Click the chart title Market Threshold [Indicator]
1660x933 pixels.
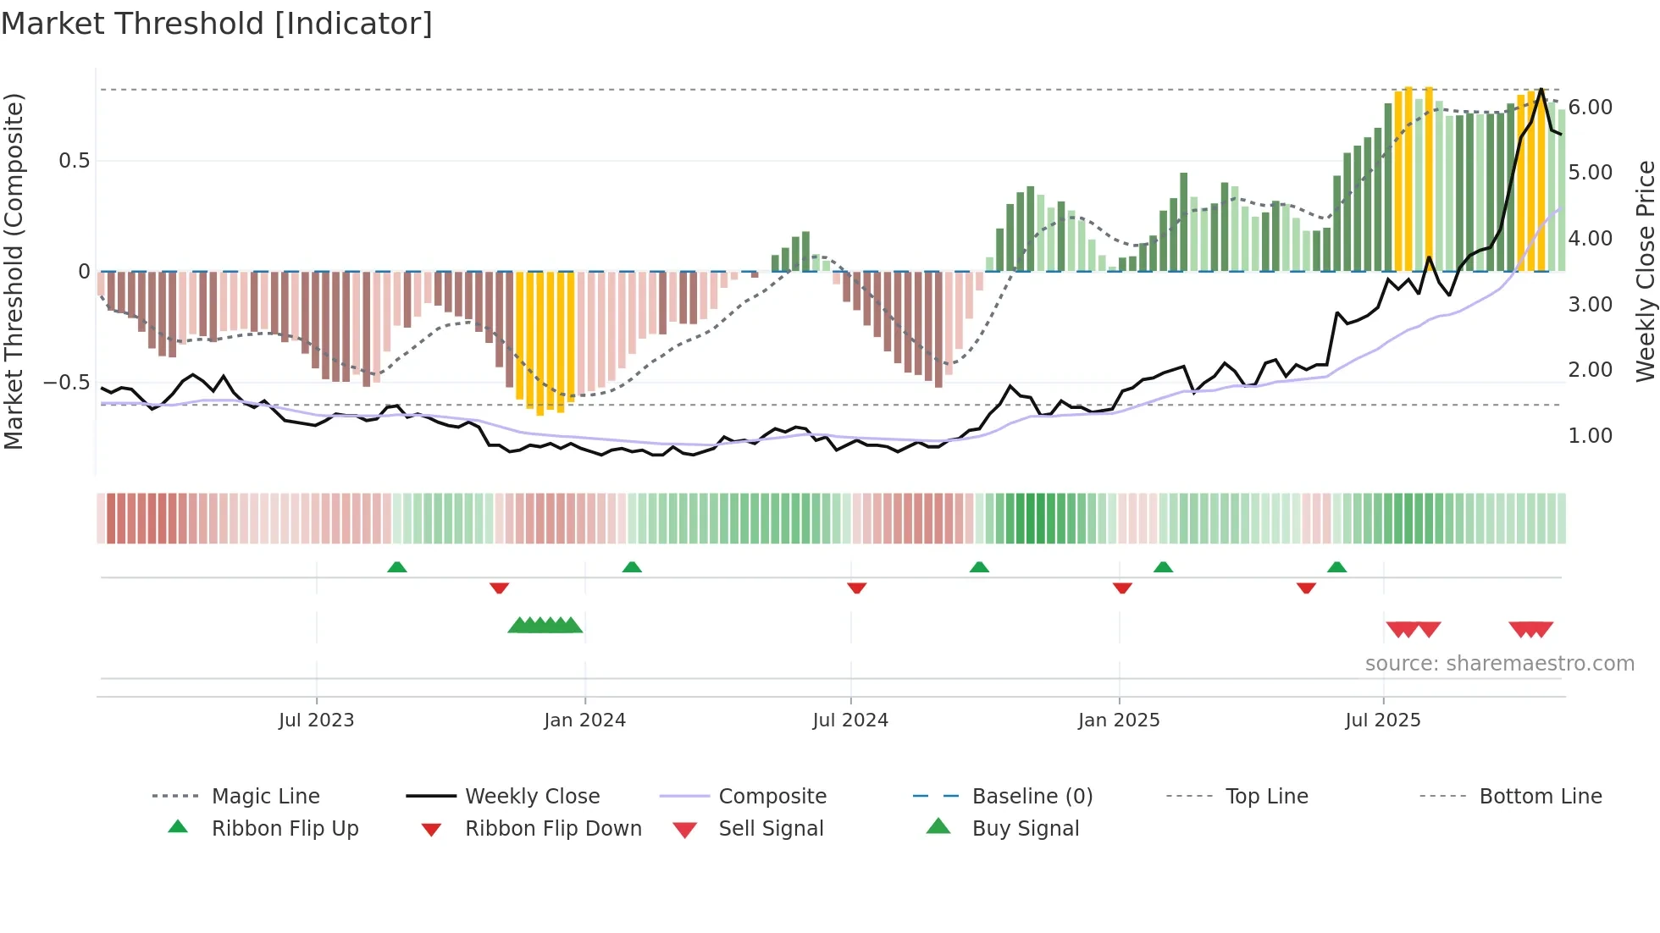pos(217,24)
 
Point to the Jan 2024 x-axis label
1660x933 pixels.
pos(584,720)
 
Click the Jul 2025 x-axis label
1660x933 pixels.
pos(1382,720)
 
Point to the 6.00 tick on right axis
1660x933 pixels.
pos(1590,108)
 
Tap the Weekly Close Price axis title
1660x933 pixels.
pos(1645,271)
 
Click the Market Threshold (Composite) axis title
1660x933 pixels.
pos(14,271)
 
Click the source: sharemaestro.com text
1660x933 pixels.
pos(1499,664)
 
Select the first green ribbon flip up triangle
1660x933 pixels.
pos(396,566)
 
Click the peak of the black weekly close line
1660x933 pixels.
pos(1541,89)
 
